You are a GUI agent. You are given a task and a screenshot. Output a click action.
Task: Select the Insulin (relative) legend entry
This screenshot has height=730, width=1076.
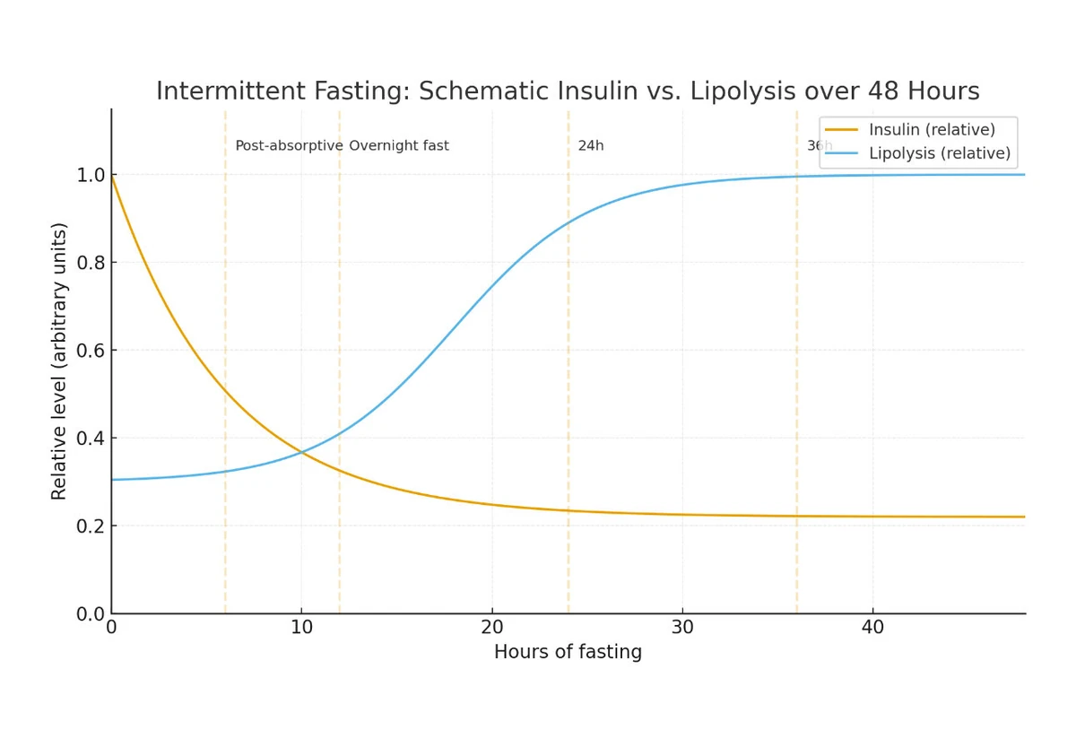(932, 130)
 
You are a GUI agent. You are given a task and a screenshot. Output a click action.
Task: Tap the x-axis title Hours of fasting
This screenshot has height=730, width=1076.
(568, 652)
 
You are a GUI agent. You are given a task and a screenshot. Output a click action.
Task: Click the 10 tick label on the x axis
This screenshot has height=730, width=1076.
(301, 627)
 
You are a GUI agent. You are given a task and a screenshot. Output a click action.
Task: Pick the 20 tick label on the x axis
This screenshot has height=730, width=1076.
(491, 627)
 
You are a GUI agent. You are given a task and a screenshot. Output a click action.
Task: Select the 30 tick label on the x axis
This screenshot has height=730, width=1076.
(681, 627)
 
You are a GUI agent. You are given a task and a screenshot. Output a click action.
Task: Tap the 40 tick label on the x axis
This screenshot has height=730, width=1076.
(872, 627)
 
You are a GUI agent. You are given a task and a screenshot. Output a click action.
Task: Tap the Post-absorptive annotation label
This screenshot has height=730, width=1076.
(289, 146)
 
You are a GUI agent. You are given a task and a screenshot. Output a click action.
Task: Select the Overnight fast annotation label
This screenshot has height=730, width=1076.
(399, 146)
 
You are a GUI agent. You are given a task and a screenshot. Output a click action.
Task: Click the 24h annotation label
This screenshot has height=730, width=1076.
(591, 146)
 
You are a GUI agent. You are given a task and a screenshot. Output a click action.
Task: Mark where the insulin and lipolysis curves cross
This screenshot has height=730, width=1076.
(302, 452)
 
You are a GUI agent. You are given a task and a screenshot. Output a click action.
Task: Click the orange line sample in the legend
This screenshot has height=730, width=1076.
(841, 130)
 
